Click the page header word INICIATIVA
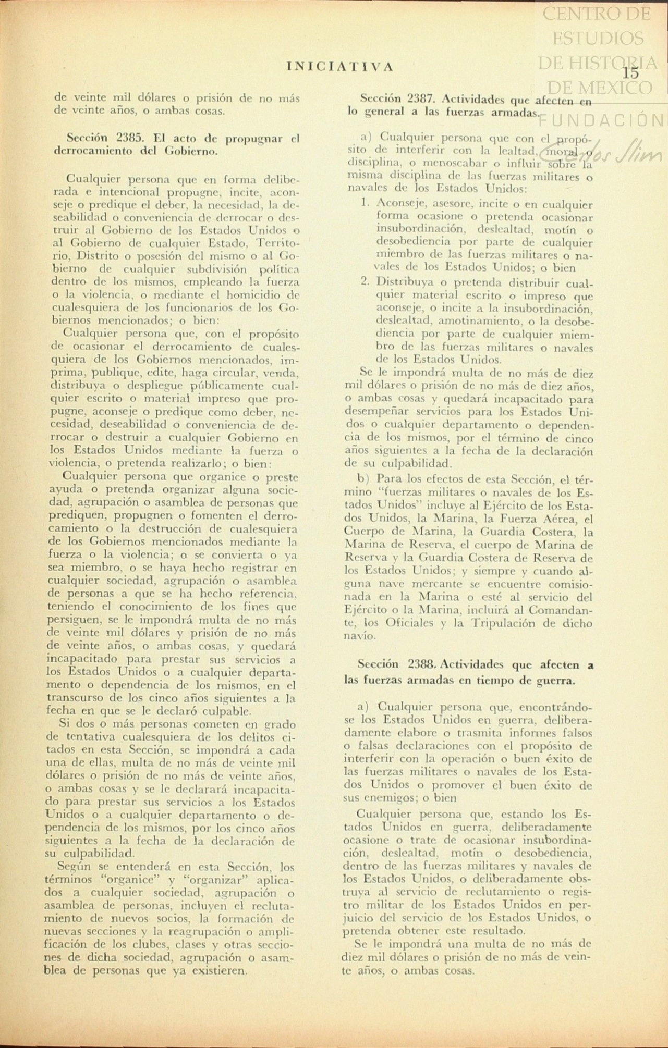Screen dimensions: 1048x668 [x=340, y=66]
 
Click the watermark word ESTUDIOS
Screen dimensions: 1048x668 [x=597, y=38]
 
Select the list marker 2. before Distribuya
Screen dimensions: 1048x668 [x=366, y=282]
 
